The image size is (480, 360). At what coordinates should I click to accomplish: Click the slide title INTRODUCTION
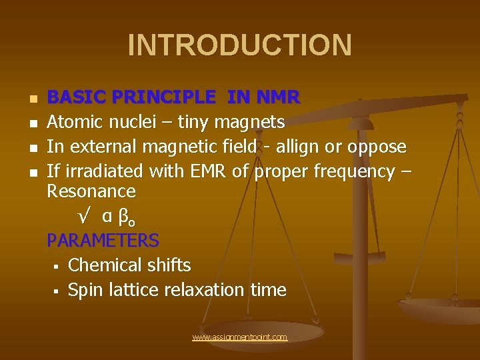point(239,45)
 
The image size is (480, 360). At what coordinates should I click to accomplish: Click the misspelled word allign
point(306,147)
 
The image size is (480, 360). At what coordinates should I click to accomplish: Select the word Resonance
point(91,192)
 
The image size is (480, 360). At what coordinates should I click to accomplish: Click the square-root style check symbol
point(85,216)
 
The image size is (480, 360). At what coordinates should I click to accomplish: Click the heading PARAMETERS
point(103,240)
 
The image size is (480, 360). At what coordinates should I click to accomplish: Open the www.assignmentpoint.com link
point(239,337)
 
